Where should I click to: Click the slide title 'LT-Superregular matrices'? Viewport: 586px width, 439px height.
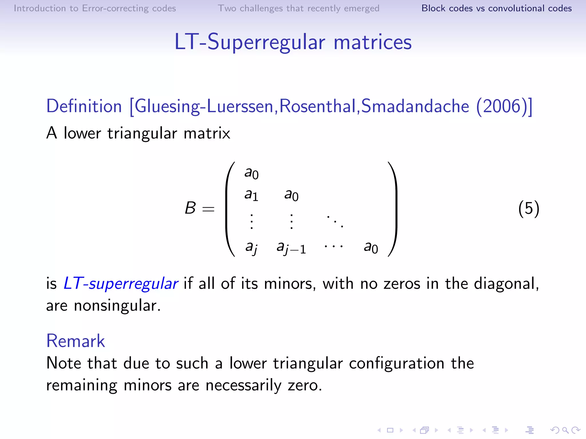point(293,42)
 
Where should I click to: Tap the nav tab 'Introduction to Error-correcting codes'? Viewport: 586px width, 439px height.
point(95,8)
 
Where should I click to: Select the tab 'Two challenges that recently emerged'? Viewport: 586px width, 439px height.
point(298,8)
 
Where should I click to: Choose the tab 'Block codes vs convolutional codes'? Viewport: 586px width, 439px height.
point(496,8)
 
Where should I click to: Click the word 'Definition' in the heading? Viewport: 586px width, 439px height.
point(84,106)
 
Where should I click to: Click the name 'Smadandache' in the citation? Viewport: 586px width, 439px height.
point(415,106)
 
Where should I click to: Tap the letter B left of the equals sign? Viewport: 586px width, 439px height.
point(190,208)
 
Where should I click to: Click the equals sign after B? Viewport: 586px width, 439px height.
point(208,209)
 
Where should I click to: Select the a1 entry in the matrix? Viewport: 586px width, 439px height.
point(251,195)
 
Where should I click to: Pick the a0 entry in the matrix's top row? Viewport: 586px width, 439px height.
point(251,173)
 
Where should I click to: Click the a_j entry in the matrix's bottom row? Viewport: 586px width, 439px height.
point(251,248)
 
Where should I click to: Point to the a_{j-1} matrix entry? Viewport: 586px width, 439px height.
point(291,248)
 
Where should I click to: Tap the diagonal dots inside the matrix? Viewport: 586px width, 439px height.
point(335,221)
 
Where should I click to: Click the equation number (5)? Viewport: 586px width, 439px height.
point(528,208)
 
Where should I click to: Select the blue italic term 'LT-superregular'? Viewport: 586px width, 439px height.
point(120,284)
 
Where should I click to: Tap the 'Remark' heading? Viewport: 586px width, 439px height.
point(76,341)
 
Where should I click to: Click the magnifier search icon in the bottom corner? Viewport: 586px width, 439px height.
point(565,430)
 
